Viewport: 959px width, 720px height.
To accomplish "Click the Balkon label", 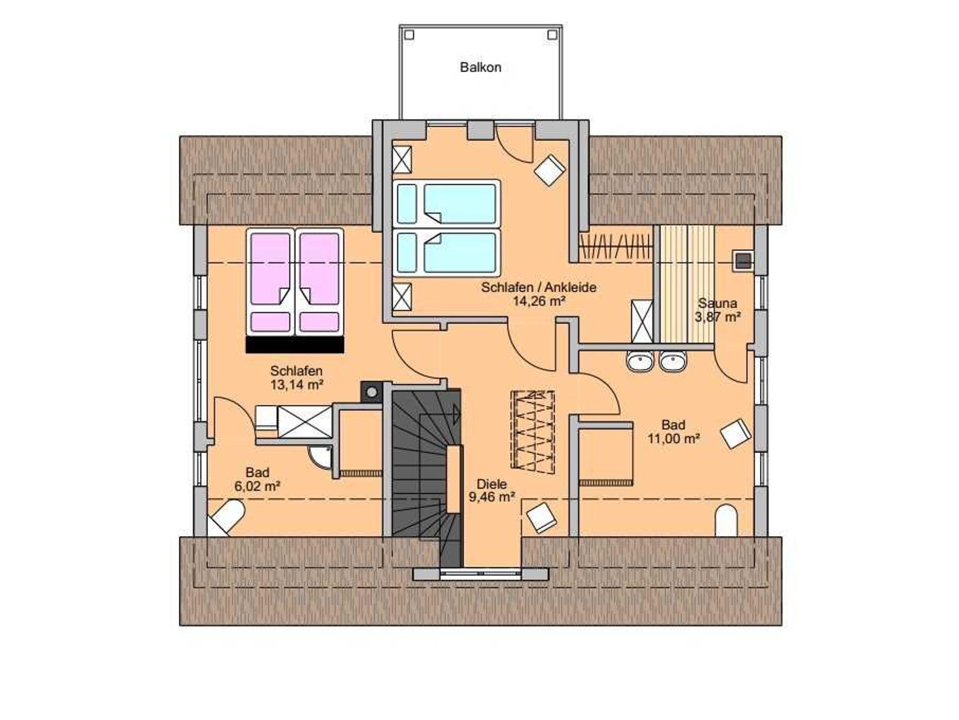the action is (x=480, y=67).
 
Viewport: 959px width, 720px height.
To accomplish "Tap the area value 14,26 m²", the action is (x=539, y=301).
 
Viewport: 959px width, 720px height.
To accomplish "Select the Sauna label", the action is (x=717, y=303).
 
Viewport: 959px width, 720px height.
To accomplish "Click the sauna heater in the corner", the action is (x=743, y=261).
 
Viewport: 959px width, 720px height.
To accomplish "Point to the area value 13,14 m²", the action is (x=297, y=385).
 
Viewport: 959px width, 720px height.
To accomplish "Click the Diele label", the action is (x=492, y=484).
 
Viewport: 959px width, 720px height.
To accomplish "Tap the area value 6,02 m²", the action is (x=257, y=486).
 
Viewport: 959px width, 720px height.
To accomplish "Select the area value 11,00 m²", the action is (x=673, y=439).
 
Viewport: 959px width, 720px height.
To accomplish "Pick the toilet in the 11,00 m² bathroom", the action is (x=726, y=521).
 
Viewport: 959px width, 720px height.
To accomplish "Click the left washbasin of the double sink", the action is (x=640, y=361).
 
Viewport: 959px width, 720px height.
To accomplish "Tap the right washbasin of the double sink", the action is (x=673, y=361).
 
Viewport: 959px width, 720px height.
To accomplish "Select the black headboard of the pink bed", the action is (x=295, y=345).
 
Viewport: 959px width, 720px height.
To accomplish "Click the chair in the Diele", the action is (x=542, y=517).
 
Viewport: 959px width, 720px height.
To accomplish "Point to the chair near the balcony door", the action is (x=550, y=170).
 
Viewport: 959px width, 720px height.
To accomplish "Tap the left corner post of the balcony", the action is (x=409, y=35).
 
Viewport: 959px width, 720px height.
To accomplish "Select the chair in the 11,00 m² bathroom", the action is (x=736, y=434).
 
